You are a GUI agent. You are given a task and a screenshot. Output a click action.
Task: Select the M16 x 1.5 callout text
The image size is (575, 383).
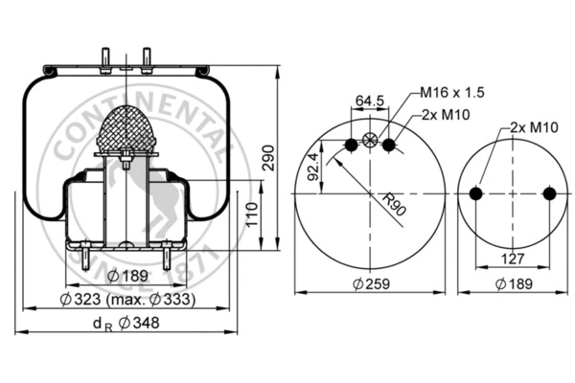[x=452, y=93]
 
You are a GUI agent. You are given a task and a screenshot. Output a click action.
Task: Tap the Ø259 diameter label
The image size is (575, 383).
[x=370, y=284]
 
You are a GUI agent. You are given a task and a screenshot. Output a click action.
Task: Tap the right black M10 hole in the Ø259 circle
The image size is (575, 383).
[x=389, y=145]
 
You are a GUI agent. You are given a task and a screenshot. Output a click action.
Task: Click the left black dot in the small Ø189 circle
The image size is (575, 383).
[x=476, y=193]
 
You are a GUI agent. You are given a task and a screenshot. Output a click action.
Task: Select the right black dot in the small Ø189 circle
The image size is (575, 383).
[x=548, y=193]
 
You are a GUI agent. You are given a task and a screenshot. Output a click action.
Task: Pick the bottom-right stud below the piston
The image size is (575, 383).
[x=168, y=259]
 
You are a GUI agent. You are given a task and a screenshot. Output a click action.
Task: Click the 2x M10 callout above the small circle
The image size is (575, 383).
[x=534, y=126]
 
